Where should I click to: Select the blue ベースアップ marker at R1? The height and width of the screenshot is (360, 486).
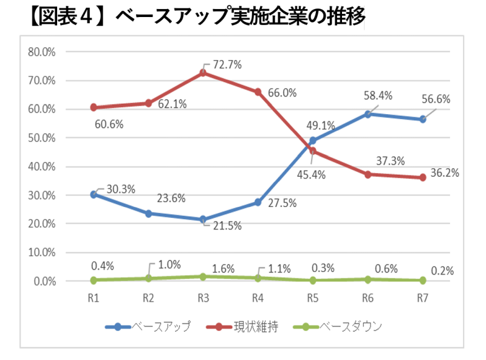point(94,194)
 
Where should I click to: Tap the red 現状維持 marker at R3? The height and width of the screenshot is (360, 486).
point(203,73)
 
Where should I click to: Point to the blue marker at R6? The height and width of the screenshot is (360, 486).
point(368,114)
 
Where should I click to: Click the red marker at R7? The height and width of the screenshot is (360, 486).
point(422,177)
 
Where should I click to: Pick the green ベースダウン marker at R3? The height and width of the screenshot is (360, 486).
point(203,276)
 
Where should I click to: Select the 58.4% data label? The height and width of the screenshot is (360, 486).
point(377,95)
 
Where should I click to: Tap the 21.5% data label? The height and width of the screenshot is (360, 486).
point(227,226)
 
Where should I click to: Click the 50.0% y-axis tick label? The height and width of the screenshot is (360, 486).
point(42,138)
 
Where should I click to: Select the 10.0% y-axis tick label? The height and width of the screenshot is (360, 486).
point(42,253)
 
